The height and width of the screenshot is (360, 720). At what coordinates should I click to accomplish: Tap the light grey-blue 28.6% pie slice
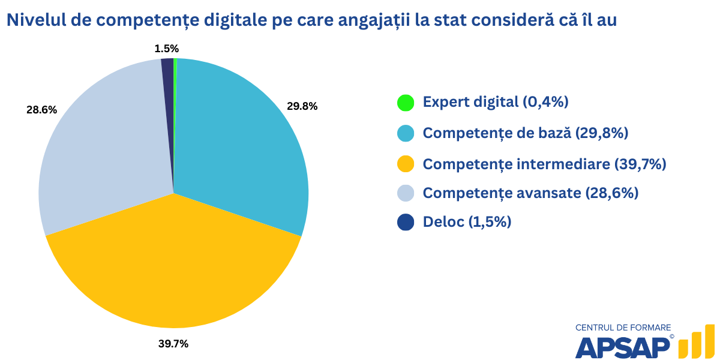pos(102,150)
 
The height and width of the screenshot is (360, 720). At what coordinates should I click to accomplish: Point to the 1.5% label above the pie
pos(166,49)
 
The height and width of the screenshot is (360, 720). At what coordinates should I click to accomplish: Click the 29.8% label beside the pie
pos(302,106)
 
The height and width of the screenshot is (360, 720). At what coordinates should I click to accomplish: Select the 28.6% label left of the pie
pos(41,110)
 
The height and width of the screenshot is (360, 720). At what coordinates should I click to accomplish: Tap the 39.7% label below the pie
pos(173,344)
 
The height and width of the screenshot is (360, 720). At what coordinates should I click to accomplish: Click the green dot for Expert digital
pos(406,102)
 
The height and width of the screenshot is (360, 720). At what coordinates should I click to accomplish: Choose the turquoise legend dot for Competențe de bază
pos(406,133)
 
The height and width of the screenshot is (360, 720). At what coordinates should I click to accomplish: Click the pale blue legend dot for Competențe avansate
pos(406,193)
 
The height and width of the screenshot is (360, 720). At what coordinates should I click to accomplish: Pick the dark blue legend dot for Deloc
pos(406,222)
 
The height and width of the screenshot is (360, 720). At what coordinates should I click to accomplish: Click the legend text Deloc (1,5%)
pos(467,222)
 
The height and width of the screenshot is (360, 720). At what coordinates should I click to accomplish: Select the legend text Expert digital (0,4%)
pos(496,102)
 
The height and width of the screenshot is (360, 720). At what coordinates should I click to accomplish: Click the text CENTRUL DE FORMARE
pos(623,328)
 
